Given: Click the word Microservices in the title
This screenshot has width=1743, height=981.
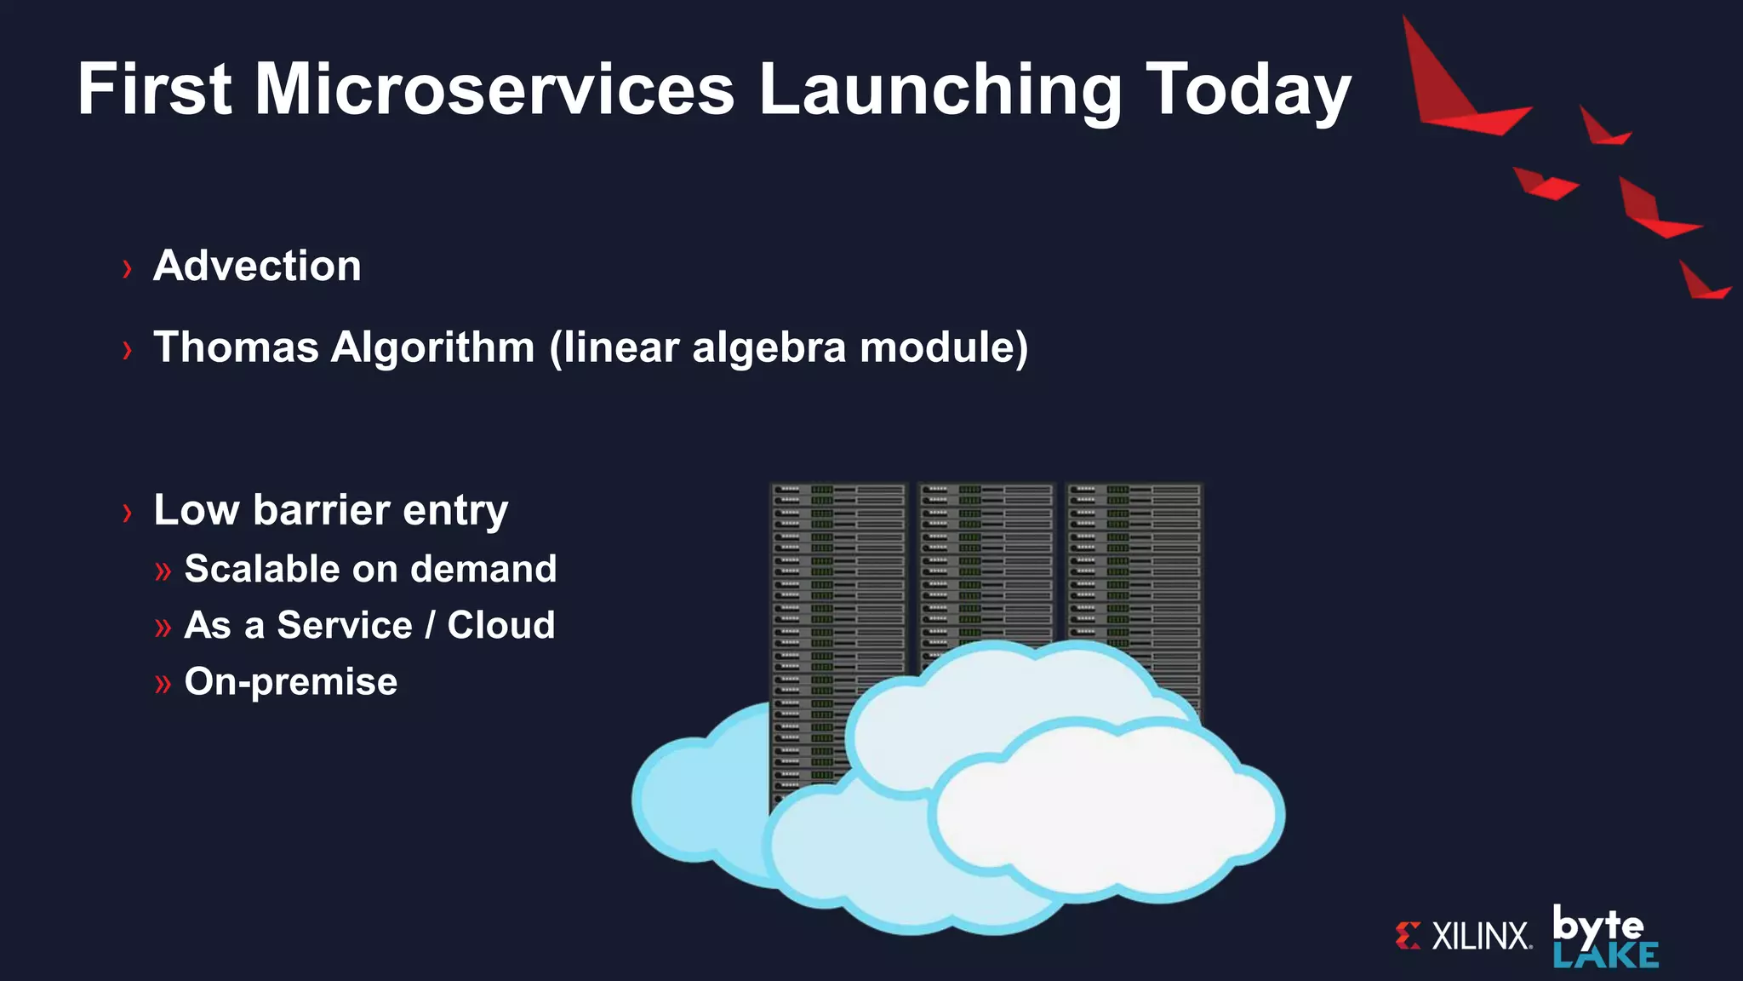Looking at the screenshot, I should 494,89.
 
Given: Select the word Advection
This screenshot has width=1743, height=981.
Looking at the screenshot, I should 257,266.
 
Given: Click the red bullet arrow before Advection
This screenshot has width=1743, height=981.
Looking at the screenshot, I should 128,269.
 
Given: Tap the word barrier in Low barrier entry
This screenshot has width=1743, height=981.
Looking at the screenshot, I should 321,510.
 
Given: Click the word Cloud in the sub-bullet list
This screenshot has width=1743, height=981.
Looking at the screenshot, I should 501,625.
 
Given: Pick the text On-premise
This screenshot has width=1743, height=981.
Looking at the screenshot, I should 290,681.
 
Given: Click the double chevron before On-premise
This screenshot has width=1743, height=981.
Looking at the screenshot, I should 163,684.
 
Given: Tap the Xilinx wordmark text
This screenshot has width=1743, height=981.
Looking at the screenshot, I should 1481,936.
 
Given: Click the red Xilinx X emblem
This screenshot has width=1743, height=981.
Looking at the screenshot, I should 1408,935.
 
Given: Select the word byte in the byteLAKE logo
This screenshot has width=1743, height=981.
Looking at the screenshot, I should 1597,926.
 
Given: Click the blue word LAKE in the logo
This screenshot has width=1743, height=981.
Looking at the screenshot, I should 1605,956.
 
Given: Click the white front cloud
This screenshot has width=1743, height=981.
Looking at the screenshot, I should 1106,809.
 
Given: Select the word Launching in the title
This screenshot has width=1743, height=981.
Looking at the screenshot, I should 940,89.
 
